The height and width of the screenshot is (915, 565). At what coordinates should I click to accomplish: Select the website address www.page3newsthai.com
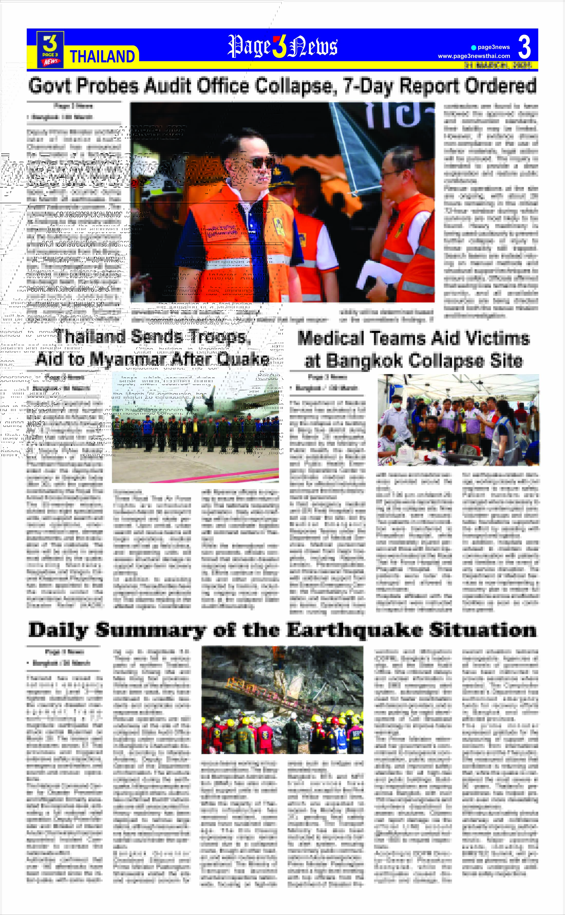[x=474, y=56]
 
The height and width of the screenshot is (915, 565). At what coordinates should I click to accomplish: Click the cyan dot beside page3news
[x=474, y=48]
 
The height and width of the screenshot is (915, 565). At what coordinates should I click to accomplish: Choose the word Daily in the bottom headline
[x=58, y=630]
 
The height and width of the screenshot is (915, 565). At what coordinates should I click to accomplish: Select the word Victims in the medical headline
[x=497, y=338]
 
